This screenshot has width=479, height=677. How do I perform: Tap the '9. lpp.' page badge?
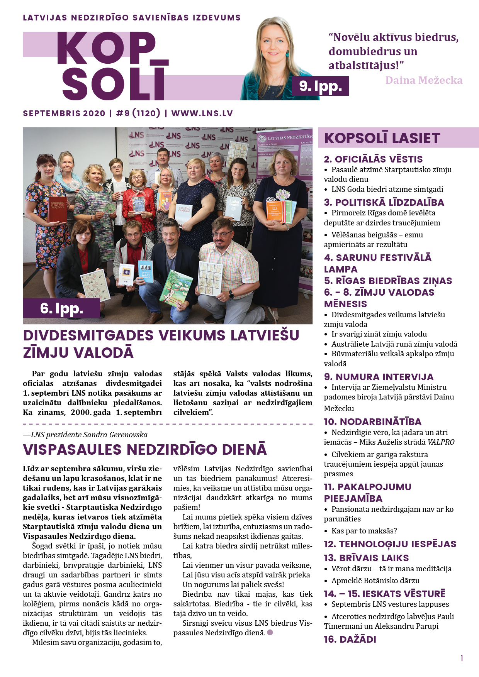pos(321,86)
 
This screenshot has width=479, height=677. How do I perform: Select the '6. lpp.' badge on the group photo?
pos(61,308)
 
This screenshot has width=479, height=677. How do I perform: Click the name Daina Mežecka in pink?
pos(424,80)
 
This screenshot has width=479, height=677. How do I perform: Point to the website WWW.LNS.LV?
pos(202,113)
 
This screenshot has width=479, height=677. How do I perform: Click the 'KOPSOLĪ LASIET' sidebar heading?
pos(382,138)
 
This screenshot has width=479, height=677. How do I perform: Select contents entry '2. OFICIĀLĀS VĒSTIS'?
pos(373,159)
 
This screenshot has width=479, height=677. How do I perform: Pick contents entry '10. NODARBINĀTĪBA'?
pos(372,421)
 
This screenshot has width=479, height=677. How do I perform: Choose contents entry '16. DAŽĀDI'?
pos(350,640)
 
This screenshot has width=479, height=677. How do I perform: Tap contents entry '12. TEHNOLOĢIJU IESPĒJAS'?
pos(390,544)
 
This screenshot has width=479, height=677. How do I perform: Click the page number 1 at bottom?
pos(462,658)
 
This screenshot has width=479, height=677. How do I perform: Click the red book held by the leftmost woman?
pos(58,209)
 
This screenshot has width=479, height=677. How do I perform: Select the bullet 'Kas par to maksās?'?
pos(364,531)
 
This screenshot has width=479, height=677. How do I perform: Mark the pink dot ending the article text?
pos(270,632)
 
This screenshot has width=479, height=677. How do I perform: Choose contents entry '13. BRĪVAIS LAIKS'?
pos(366,558)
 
